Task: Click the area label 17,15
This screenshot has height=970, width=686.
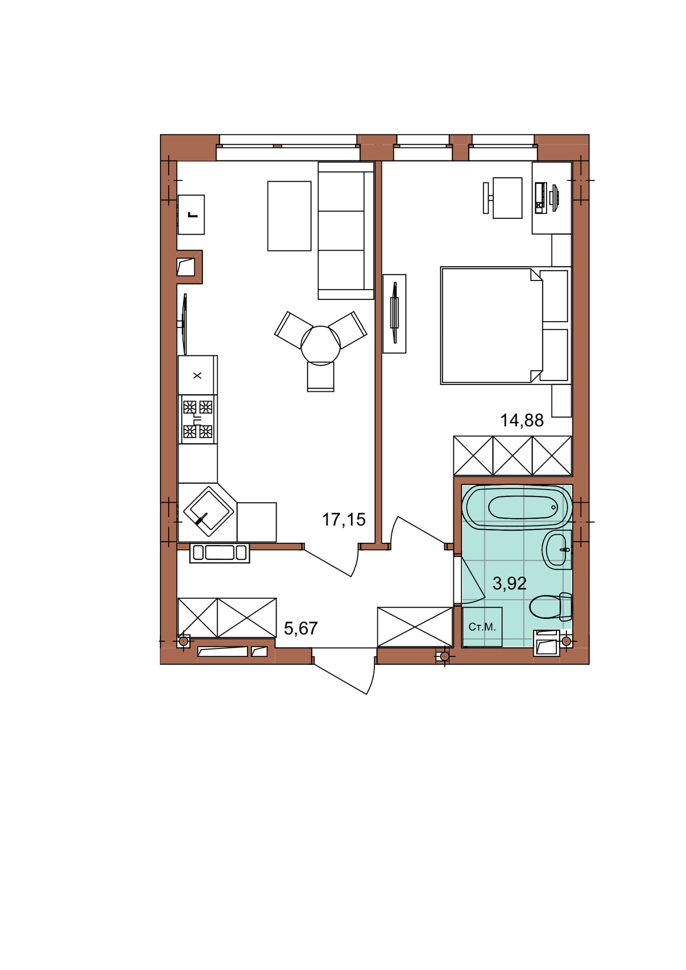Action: (344, 520)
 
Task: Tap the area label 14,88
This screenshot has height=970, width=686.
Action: (522, 420)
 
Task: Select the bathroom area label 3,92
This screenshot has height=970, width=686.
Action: (509, 583)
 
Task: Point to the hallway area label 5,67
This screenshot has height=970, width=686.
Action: (301, 628)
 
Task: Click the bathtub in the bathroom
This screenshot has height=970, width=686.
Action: (517, 507)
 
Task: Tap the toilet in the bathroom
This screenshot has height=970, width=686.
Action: (551, 607)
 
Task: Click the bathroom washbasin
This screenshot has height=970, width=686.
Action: (557, 550)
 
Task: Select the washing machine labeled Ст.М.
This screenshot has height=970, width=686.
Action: (482, 627)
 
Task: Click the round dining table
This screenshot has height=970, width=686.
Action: (321, 344)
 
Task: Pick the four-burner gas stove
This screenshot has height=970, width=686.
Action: (198, 419)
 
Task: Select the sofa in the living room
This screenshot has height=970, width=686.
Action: (346, 230)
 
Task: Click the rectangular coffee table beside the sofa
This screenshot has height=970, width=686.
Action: (289, 216)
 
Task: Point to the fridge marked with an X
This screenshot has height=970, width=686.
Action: (198, 375)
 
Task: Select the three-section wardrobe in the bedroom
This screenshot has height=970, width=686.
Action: (512, 455)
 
